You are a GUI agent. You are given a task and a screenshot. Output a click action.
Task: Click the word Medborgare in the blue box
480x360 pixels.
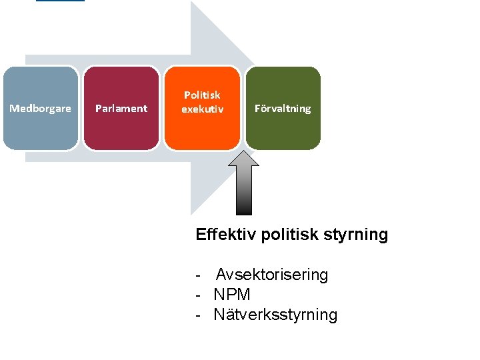click(40, 109)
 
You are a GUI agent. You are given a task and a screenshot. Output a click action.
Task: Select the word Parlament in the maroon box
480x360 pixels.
click(121, 109)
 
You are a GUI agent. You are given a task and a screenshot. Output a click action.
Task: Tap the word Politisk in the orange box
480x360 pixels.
click(202, 95)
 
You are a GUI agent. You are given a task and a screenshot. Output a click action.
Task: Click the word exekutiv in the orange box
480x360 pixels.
click(202, 109)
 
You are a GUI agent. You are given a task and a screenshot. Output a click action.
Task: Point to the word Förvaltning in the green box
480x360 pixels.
click(283, 109)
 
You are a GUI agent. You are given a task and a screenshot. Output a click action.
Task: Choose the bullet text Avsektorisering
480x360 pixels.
click(272, 275)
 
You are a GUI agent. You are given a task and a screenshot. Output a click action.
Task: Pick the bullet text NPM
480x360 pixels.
click(232, 295)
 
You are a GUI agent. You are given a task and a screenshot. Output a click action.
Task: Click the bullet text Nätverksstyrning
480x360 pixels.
click(275, 315)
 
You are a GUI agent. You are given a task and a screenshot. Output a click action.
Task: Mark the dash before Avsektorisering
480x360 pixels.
click(199, 275)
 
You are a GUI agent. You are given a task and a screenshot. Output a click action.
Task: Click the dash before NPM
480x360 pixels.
click(199, 295)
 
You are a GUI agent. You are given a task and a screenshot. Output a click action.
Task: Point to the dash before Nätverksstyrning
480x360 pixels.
click(199, 315)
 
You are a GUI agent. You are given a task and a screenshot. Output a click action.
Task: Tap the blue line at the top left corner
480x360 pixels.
click(60, 1)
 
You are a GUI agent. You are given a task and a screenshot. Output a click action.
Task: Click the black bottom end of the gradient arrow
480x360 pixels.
click(245, 212)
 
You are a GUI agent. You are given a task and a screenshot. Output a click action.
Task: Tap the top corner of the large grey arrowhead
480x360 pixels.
click(192, 3)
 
